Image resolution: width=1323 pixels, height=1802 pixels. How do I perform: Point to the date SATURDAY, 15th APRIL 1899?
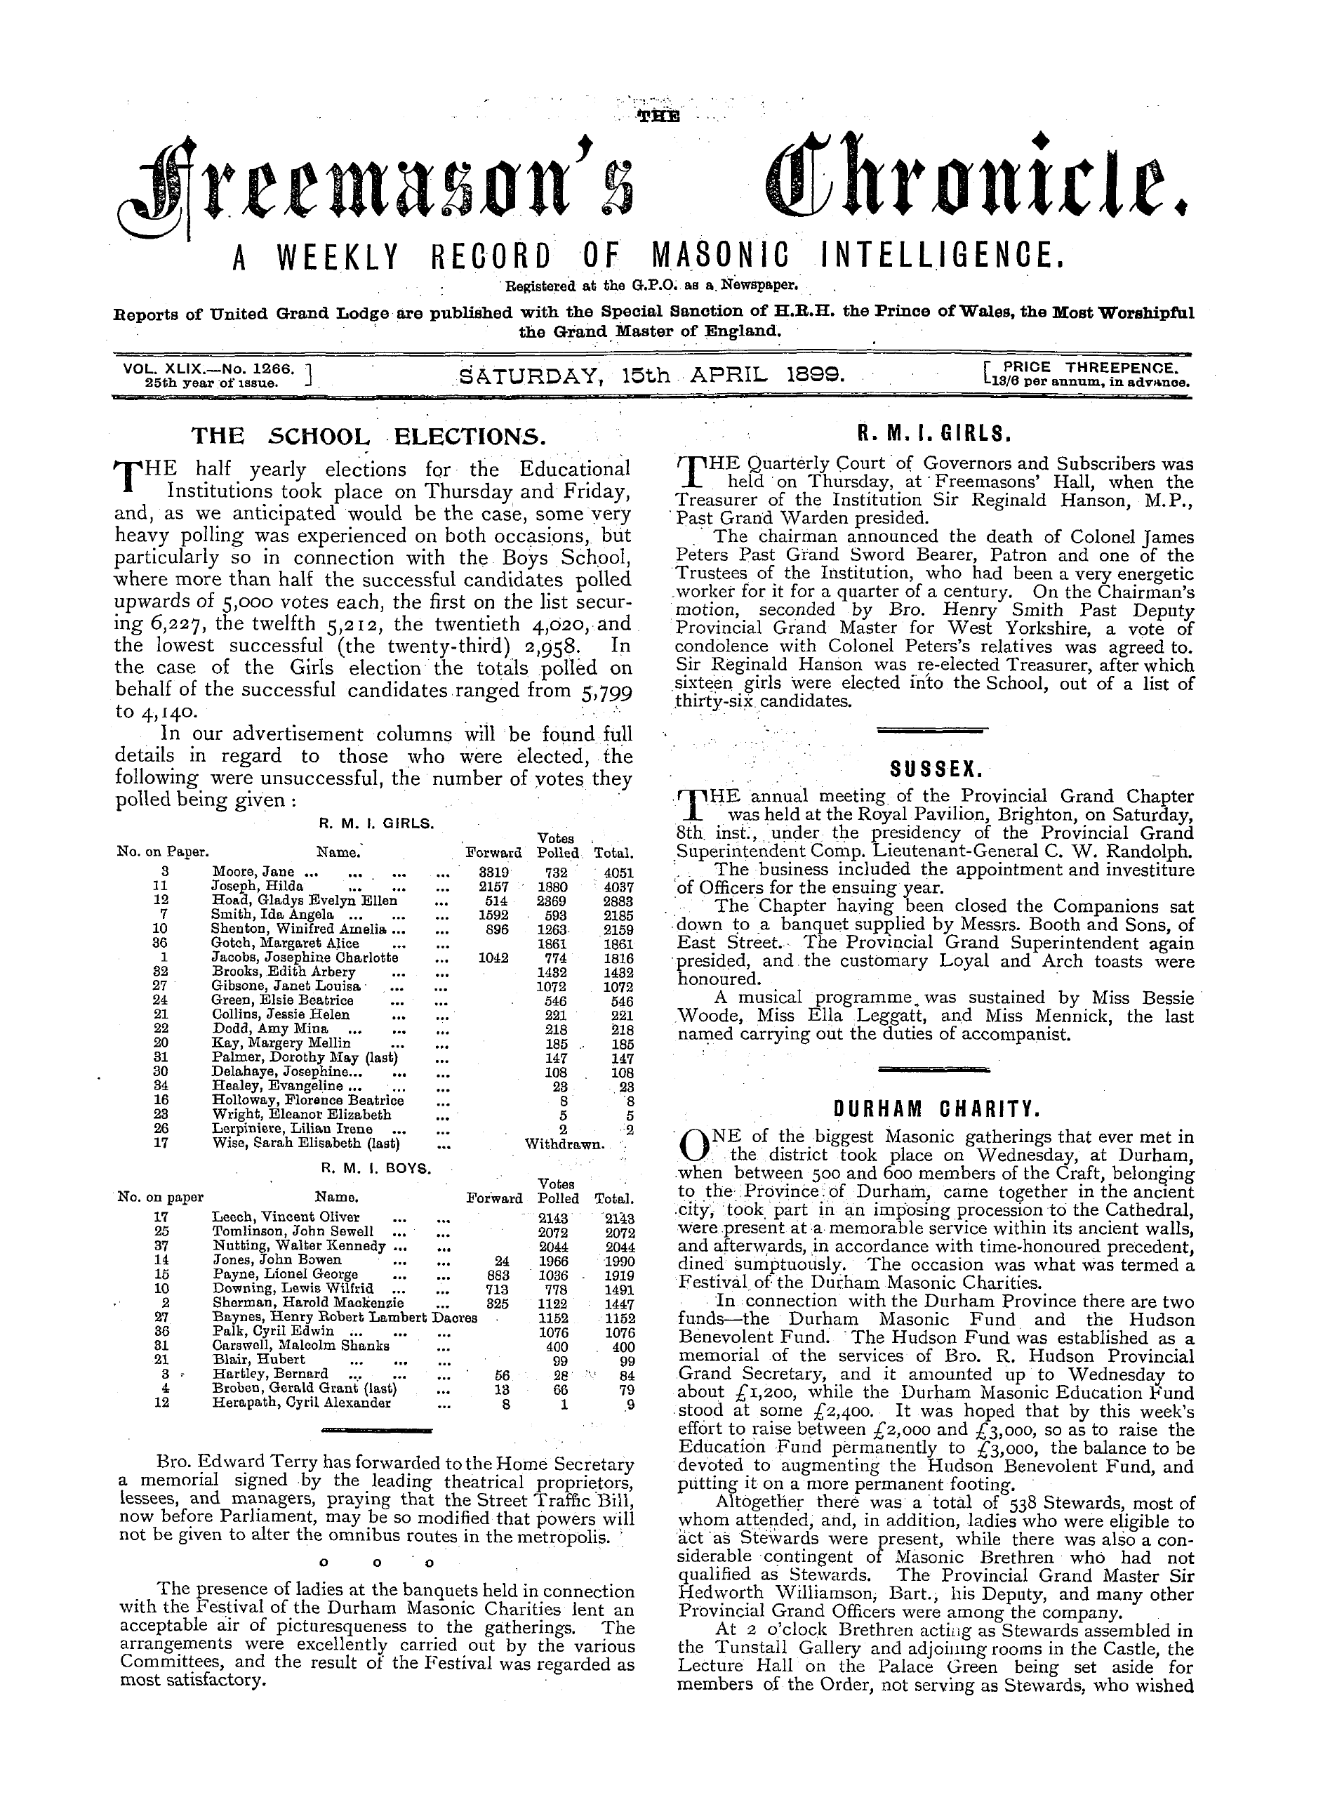click(x=653, y=374)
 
